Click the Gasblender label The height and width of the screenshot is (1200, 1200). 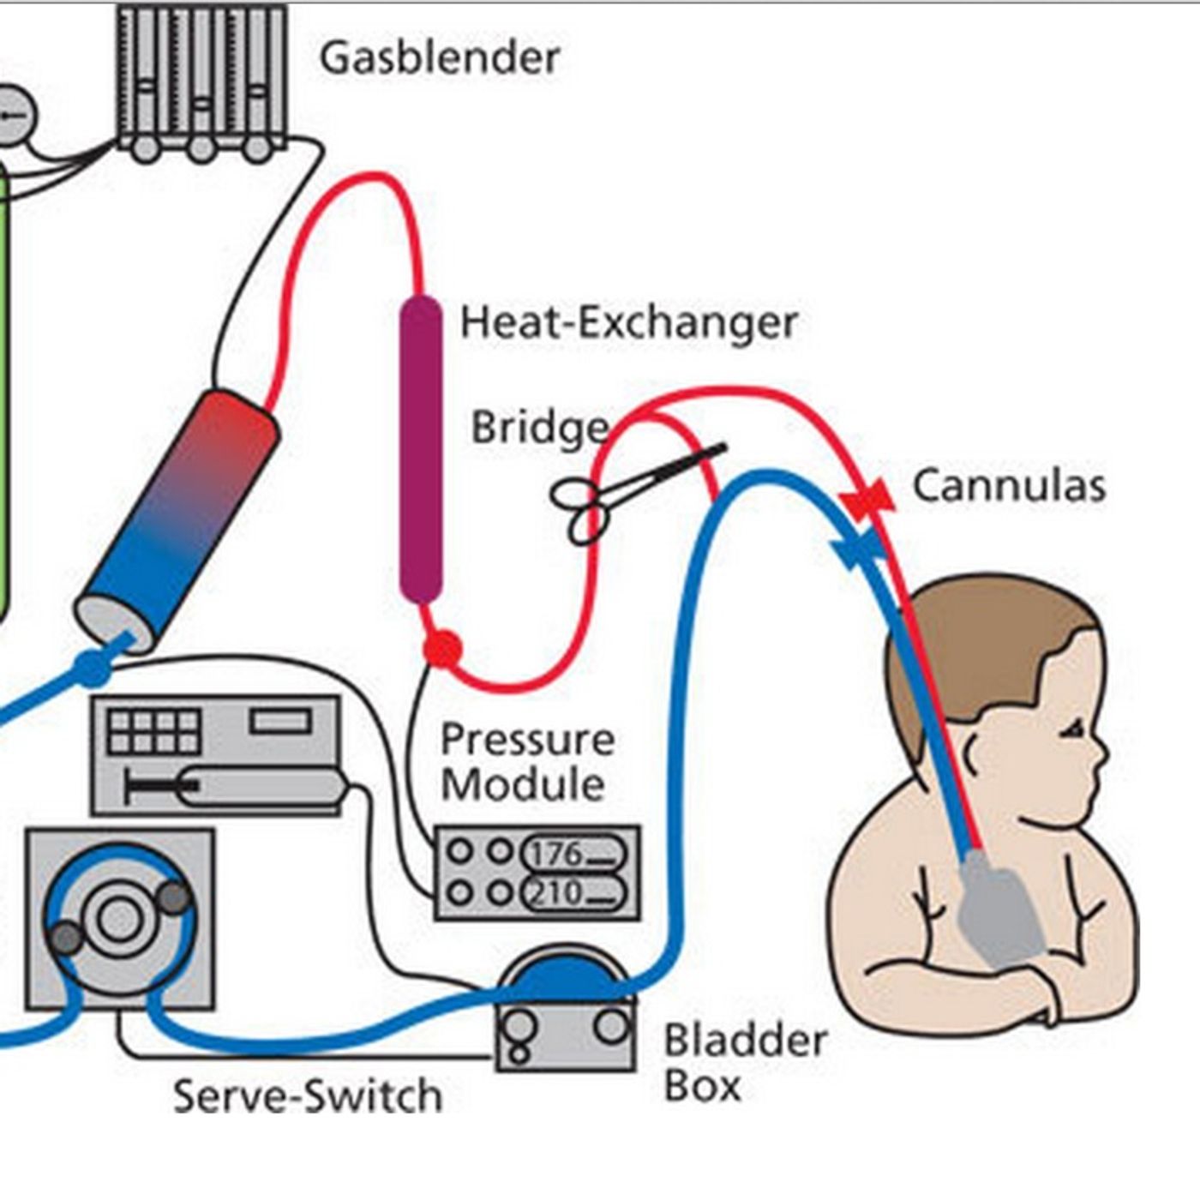[440, 58]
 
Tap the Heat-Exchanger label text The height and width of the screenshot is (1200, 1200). [628, 323]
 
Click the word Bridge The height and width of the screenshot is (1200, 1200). [540, 428]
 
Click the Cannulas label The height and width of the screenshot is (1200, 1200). [1009, 485]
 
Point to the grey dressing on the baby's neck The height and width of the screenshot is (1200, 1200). [999, 909]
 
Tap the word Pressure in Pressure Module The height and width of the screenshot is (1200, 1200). [527, 740]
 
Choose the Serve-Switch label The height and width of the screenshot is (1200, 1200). [307, 1096]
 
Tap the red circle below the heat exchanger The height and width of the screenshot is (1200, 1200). [442, 649]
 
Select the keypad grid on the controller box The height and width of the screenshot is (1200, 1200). [154, 731]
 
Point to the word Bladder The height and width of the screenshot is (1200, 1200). [745, 1041]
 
